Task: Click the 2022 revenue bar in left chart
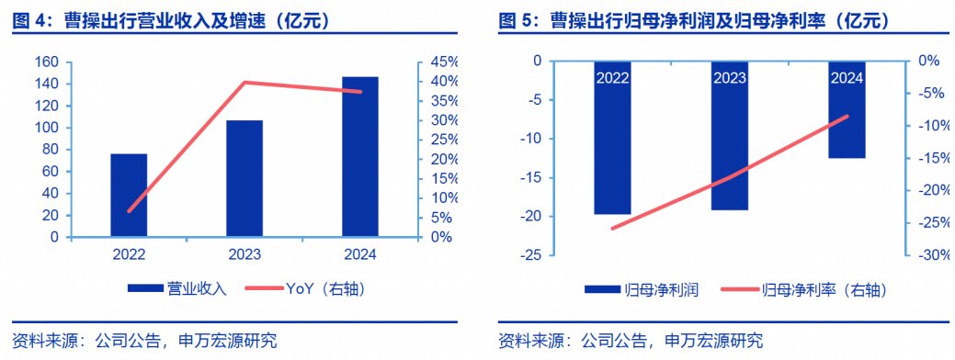(129, 195)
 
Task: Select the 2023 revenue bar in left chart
(244, 178)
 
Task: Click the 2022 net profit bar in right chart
(612, 147)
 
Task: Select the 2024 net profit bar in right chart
(847, 119)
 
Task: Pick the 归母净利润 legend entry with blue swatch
(643, 290)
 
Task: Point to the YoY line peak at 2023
(244, 83)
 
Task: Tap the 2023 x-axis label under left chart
(244, 254)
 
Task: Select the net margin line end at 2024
(847, 117)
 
